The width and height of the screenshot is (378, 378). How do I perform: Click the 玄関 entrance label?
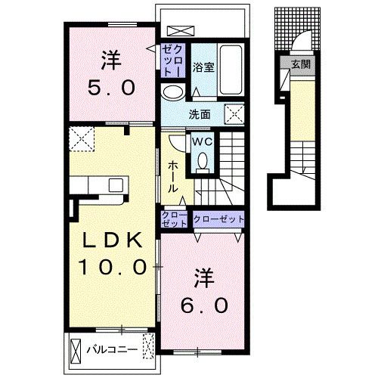301,65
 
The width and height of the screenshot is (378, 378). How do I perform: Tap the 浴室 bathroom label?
203,67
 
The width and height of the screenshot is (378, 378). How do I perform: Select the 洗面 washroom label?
200,115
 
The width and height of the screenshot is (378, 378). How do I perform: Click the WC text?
203,142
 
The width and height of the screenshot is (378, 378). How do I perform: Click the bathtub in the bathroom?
231,70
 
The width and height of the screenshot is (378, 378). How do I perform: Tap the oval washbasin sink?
172,92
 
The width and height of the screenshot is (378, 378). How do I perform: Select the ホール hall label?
173,177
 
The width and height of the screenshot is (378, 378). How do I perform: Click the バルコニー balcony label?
112,349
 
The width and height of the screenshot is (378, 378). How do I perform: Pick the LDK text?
112,240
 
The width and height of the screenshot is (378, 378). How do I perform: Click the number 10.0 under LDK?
112,267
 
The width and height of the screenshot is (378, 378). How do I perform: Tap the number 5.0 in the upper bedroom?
111,88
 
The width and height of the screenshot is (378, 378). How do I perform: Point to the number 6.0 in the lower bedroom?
204,305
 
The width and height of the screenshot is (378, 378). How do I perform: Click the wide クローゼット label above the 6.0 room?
218,219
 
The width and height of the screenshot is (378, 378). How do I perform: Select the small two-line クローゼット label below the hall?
175,219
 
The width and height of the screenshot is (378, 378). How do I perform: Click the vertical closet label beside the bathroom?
173,60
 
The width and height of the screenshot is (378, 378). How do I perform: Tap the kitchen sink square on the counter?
116,185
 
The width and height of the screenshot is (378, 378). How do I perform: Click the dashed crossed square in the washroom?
234,114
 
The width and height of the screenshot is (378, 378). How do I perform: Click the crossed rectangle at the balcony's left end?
76,350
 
